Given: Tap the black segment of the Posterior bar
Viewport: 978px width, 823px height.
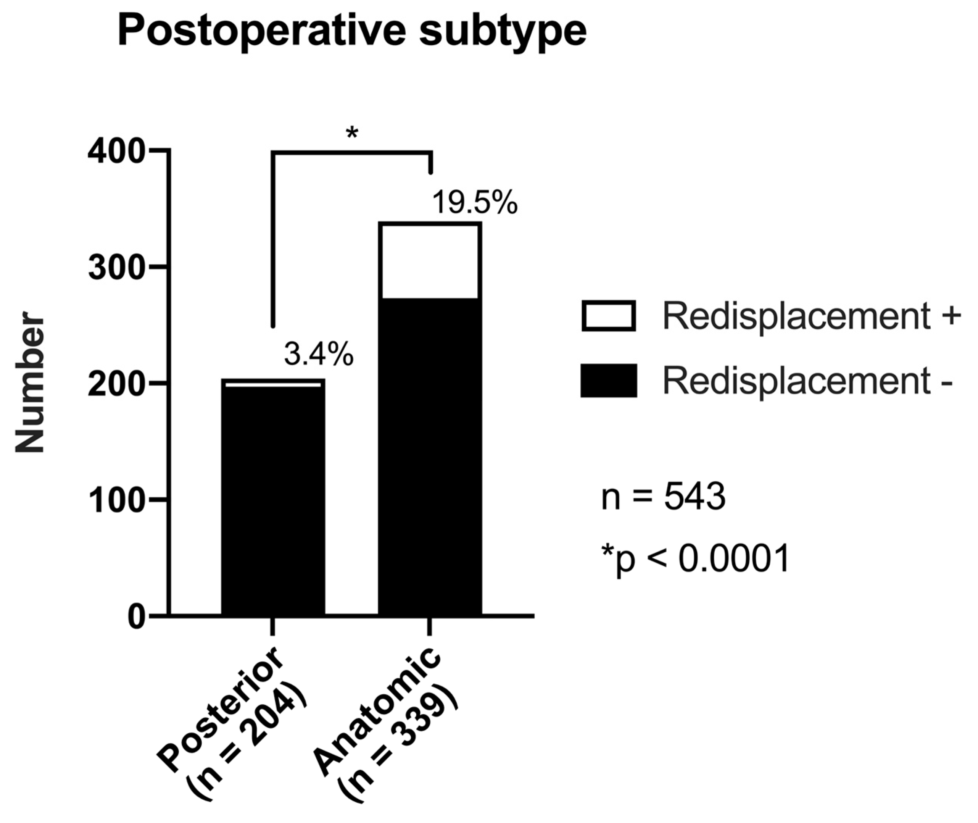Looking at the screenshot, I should [x=273, y=499].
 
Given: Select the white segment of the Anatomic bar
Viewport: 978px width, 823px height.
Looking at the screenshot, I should [x=430, y=261].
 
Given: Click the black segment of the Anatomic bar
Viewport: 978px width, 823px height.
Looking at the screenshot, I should [x=430, y=457].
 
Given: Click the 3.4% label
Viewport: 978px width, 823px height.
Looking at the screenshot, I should [x=319, y=355].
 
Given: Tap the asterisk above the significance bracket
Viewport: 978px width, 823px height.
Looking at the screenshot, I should [x=352, y=133].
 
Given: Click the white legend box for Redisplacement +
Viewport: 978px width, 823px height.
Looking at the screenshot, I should [x=609, y=316].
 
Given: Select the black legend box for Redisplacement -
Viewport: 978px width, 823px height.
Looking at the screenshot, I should [x=609, y=381].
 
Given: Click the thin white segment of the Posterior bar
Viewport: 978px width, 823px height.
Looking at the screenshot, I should [x=273, y=384].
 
